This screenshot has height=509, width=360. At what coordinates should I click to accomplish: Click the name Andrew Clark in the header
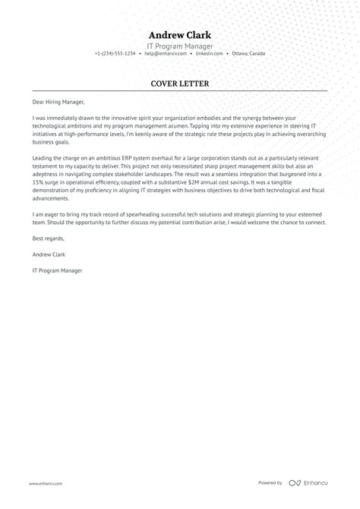(180, 34)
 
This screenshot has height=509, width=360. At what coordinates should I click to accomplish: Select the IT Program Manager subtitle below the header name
(180, 45)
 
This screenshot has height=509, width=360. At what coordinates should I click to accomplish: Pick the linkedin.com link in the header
(209, 54)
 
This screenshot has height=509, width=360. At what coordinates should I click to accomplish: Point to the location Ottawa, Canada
(248, 54)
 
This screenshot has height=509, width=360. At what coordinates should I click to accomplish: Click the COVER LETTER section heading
(180, 83)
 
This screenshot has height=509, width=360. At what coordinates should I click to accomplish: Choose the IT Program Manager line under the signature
(57, 270)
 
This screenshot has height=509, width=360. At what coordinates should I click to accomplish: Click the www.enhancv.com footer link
(46, 483)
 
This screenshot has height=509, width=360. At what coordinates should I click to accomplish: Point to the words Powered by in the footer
(270, 482)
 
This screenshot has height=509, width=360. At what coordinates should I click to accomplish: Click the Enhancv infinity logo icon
(295, 482)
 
